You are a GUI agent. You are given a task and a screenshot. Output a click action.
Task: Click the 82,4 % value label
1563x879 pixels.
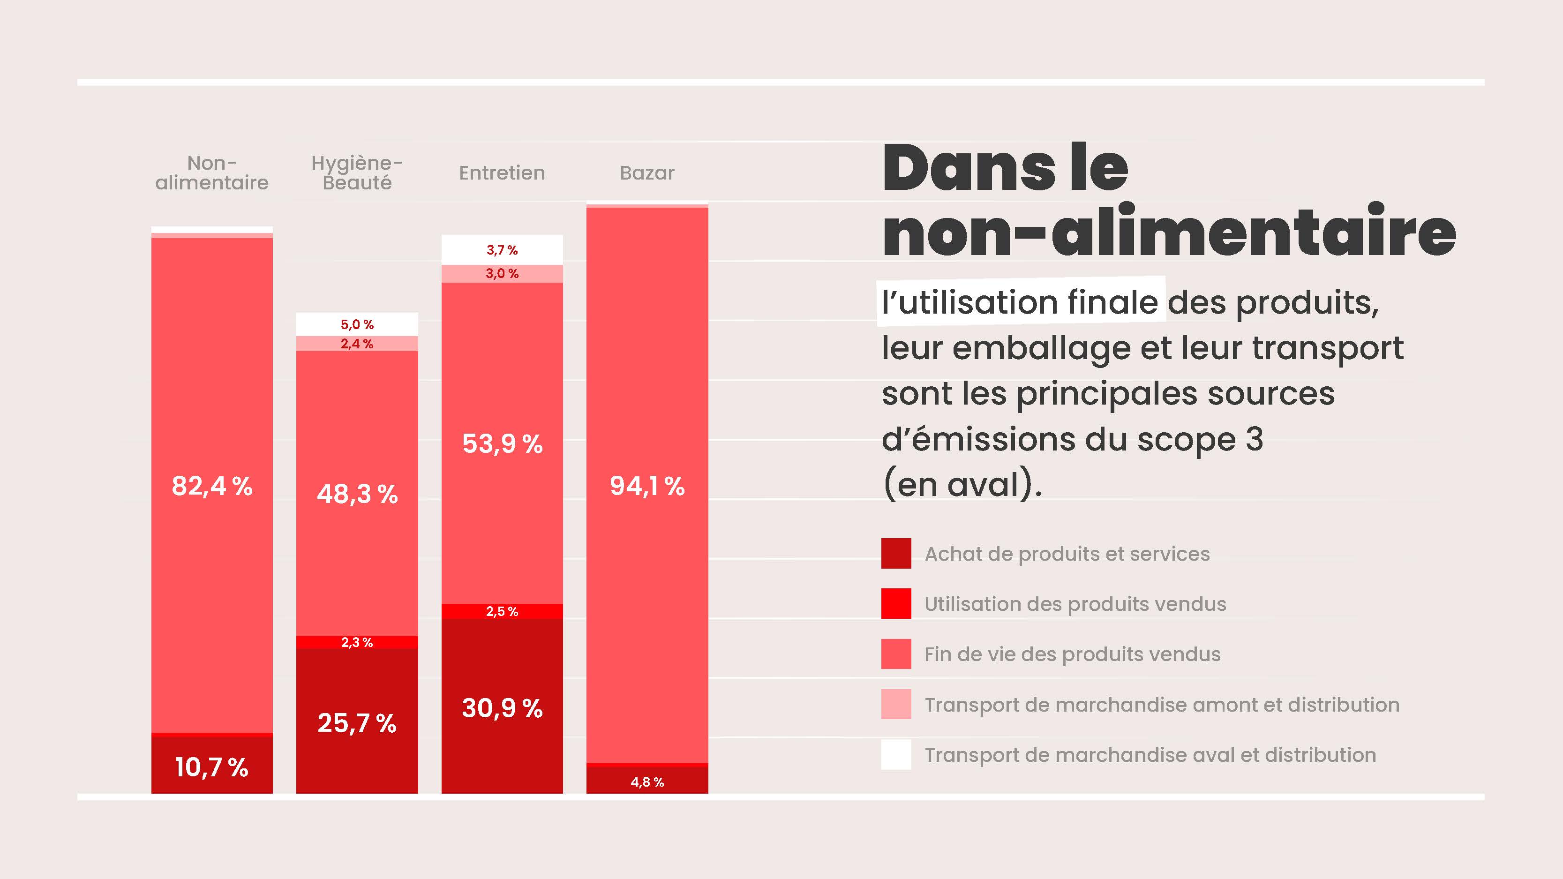click(212, 486)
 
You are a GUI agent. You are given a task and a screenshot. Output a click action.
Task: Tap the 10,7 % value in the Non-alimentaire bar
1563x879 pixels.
click(212, 767)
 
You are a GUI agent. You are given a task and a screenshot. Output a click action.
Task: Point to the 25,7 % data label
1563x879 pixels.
click(357, 723)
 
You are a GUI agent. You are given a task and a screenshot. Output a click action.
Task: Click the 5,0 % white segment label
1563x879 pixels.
click(357, 324)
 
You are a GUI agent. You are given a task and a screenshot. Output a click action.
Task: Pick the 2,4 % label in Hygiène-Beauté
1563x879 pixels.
click(357, 344)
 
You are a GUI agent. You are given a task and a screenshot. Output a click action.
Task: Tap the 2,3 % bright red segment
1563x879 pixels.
click(357, 642)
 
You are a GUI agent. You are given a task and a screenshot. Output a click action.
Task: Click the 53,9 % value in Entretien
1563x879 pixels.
click(502, 443)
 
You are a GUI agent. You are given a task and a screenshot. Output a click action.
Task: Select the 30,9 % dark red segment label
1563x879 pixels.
click(502, 708)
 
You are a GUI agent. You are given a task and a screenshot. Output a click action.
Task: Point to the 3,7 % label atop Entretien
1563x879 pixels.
click(502, 250)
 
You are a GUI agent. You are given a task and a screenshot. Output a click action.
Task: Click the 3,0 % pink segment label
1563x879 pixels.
click(502, 274)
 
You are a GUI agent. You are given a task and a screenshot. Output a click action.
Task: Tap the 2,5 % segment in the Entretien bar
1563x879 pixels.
click(502, 611)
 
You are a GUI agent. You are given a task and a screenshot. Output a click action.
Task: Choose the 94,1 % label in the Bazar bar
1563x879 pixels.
click(647, 486)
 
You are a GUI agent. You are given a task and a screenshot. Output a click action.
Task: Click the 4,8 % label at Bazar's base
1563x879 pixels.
click(647, 782)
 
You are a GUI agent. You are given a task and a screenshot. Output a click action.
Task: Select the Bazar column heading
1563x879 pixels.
click(647, 173)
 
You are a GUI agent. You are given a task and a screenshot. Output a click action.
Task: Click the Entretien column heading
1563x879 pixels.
click(502, 173)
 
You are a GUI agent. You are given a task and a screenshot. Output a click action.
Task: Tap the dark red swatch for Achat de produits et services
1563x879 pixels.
click(895, 553)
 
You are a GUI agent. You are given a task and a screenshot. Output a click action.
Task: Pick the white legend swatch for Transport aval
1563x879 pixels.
click(895, 755)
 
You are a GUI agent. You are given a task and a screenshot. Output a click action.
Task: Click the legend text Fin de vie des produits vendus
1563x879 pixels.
click(1072, 654)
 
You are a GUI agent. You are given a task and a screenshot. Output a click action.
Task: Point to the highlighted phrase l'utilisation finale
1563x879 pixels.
click(1020, 302)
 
